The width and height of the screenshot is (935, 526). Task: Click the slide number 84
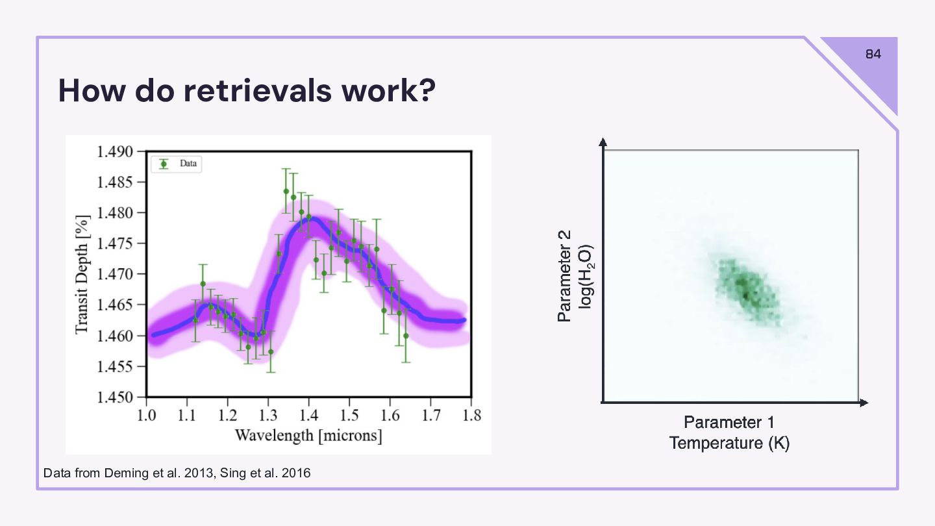click(873, 55)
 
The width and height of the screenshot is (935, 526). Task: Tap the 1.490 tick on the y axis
click(115, 152)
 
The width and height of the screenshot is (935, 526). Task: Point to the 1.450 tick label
click(115, 397)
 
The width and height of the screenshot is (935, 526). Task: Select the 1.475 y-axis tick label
click(115, 244)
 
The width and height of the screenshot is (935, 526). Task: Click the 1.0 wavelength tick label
click(146, 416)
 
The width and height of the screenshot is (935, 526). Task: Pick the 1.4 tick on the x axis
click(308, 416)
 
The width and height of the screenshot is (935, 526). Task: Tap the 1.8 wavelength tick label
click(471, 416)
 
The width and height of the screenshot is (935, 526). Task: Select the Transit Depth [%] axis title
click(82, 274)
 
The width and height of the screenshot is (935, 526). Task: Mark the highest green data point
click(286, 191)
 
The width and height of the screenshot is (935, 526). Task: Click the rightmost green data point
click(406, 336)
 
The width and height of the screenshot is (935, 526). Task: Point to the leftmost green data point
click(195, 320)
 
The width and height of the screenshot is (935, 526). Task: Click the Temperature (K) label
click(729, 444)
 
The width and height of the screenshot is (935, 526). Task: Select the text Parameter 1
click(729, 423)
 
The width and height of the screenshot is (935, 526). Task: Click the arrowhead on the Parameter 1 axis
click(864, 403)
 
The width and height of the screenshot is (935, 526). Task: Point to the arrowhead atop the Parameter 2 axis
click(603, 142)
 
